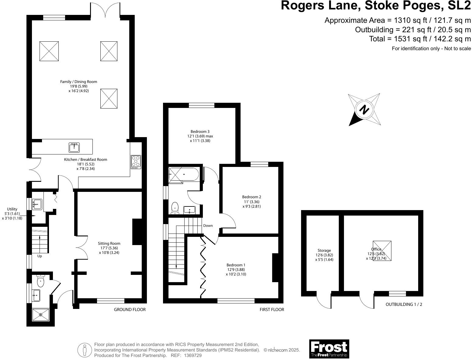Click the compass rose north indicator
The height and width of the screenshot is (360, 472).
[x=364, y=109]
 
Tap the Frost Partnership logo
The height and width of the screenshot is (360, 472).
[x=329, y=349]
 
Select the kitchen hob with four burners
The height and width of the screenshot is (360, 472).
[x=136, y=162]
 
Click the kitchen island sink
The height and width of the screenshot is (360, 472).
[x=74, y=147]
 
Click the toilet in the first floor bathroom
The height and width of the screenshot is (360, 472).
[x=175, y=208]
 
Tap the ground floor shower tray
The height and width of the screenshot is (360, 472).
[x=40, y=315]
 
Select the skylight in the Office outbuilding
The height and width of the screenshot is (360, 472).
[x=382, y=251]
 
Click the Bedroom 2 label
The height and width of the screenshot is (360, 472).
[x=252, y=197]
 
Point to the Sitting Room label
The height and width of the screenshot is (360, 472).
[x=109, y=244]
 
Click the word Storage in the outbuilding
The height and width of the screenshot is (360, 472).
[x=324, y=251]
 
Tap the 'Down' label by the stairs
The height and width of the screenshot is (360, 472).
[x=208, y=226]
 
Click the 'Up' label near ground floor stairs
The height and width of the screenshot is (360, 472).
[x=40, y=256]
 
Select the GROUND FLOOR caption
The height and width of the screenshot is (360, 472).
[x=130, y=310]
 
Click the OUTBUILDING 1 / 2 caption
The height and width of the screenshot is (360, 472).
[x=404, y=304]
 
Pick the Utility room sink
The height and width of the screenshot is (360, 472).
[x=37, y=204]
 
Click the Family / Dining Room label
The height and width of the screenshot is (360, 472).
[x=78, y=81]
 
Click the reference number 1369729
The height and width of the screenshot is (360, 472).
[x=190, y=355]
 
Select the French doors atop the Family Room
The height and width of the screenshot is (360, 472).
[x=105, y=9]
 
